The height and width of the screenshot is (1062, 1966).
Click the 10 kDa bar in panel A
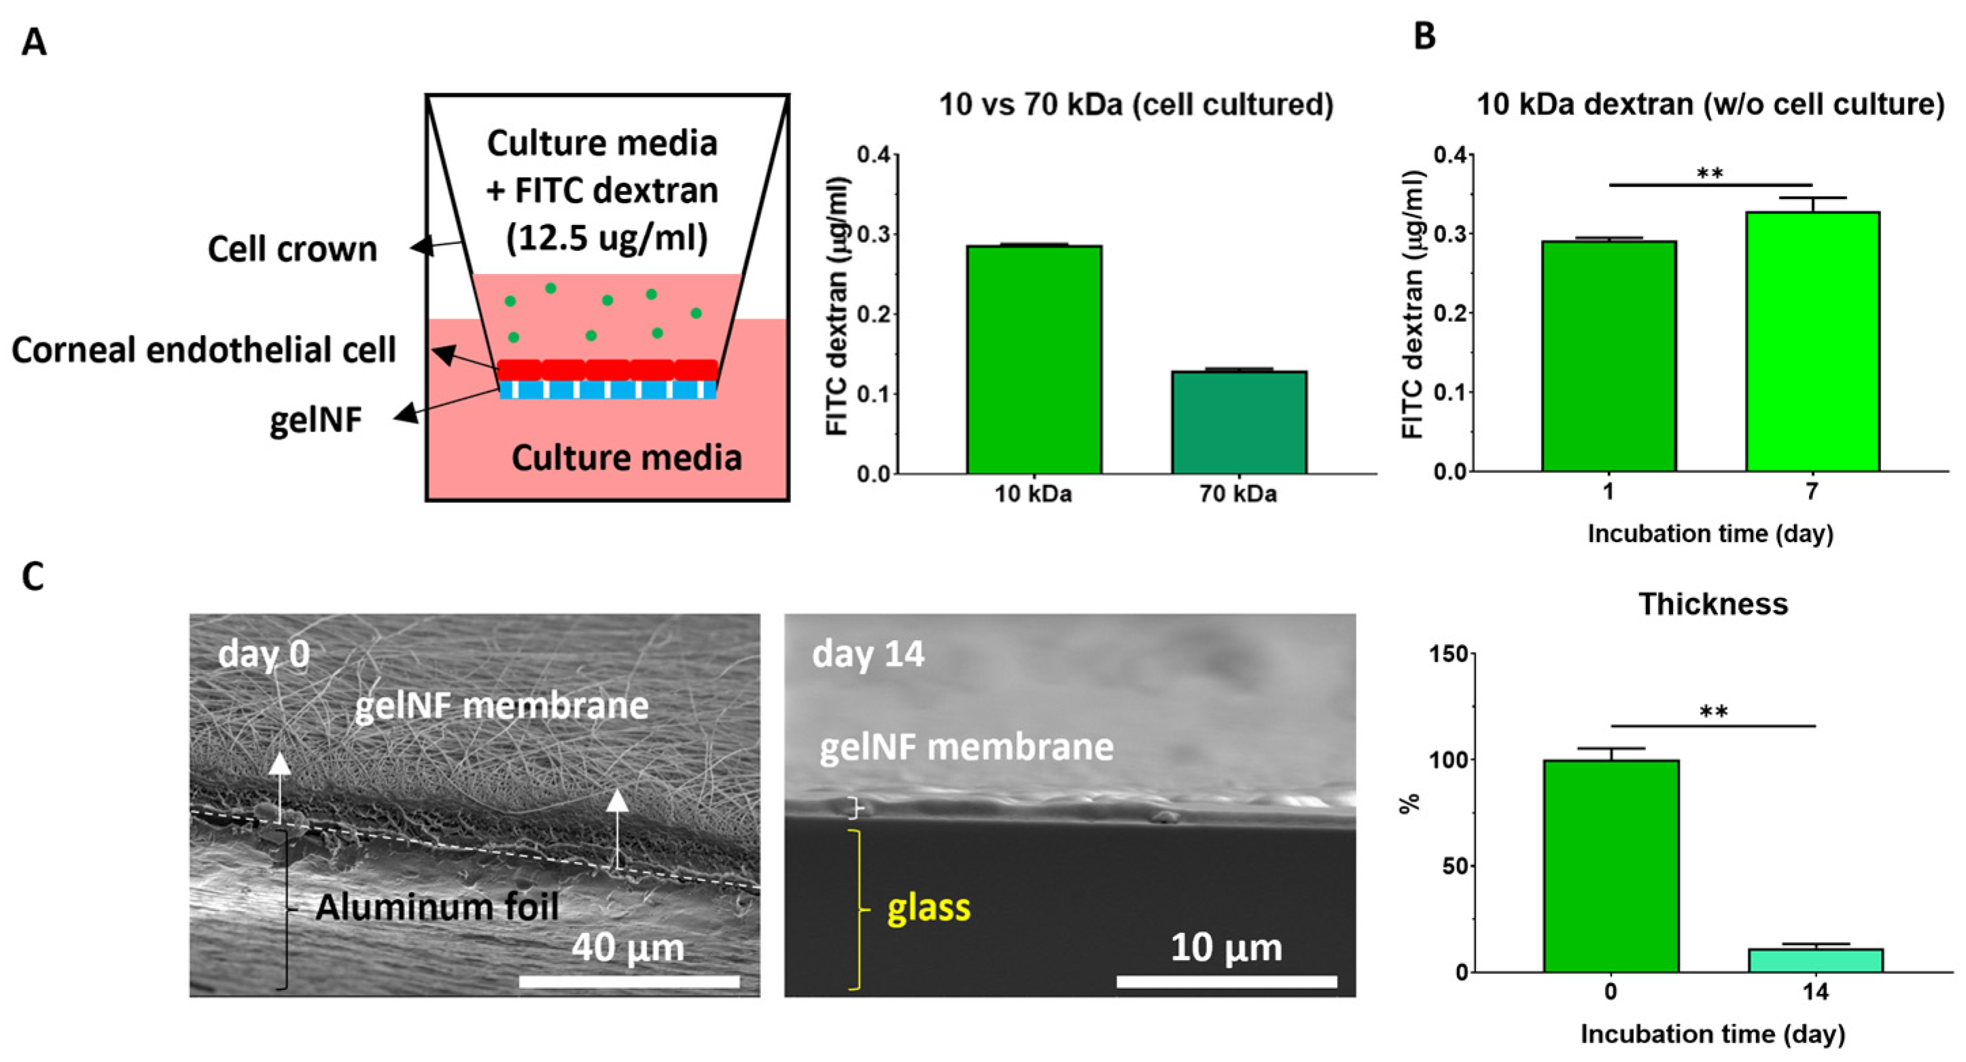[x=1034, y=359]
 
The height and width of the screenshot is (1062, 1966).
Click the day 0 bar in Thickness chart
[x=1611, y=865]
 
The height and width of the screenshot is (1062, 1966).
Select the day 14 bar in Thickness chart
[x=1816, y=960]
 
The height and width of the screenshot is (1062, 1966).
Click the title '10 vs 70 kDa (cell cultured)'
[x=1136, y=105]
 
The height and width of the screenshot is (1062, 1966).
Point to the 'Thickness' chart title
[x=1713, y=603]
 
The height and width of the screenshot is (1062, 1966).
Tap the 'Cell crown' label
[x=292, y=249]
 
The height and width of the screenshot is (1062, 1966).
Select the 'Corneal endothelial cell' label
[x=204, y=349]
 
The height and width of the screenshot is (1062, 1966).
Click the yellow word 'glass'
[x=928, y=907]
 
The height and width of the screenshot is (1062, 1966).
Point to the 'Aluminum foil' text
[x=438, y=906]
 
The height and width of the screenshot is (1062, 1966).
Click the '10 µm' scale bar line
[x=1227, y=981]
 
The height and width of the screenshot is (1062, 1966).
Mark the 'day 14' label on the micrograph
[x=868, y=654]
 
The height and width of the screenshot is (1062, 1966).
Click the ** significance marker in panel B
[x=1710, y=175]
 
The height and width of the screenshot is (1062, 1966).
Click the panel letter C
[x=33, y=577]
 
